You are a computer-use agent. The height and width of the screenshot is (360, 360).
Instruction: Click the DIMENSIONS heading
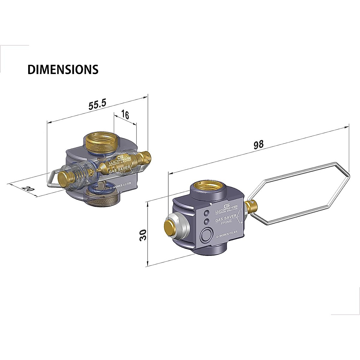[x=63, y=69]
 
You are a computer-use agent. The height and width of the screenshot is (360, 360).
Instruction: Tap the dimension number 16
[x=125, y=114]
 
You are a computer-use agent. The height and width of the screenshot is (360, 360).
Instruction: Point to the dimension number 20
[x=28, y=189]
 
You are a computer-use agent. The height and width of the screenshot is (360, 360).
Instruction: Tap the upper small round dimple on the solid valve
[x=206, y=213]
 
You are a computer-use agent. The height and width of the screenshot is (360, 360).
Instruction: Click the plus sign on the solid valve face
[x=241, y=222]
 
